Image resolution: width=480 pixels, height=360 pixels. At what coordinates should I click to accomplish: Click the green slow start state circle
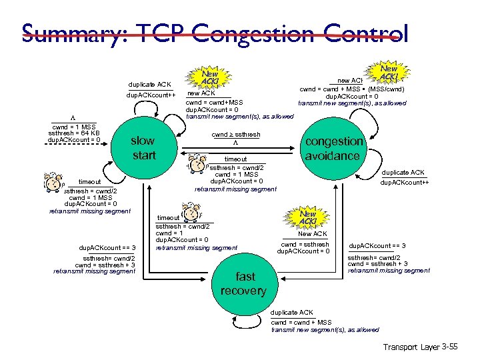143,148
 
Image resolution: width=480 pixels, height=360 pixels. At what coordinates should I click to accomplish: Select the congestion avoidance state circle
333,149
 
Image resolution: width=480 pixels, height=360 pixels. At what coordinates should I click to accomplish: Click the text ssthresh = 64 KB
73,133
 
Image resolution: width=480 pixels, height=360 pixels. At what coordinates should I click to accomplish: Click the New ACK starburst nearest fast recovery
307,217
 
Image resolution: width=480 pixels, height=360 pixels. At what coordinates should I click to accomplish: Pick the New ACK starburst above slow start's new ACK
210,77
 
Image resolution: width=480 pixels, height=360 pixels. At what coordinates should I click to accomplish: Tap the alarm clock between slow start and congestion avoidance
198,163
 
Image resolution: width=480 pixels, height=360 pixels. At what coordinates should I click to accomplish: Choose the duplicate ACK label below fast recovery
292,313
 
